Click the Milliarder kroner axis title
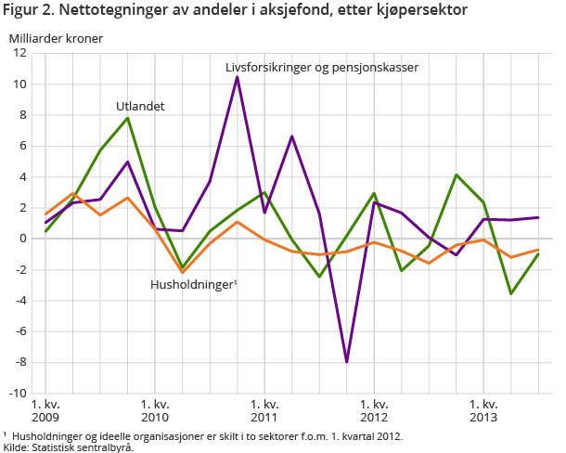57,39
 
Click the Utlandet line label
140,107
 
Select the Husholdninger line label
194,285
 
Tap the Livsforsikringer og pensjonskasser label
322,68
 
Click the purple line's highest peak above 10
237,77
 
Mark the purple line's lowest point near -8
346,361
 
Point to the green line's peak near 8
127,118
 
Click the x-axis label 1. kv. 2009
45,411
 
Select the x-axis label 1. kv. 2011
264,411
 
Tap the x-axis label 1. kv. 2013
483,411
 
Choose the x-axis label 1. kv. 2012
374,411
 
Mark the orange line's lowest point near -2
182,272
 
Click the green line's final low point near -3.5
510,293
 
